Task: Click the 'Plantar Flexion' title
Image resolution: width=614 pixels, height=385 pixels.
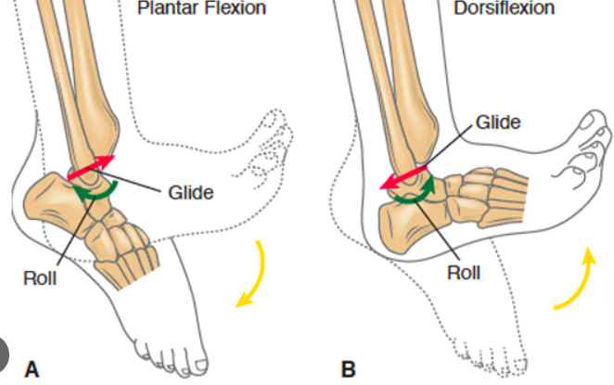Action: (x=200, y=9)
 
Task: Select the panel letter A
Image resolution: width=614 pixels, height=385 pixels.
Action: (x=32, y=368)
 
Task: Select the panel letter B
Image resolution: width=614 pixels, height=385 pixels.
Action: (x=348, y=368)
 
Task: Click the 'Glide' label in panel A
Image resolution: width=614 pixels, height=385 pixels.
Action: (x=191, y=192)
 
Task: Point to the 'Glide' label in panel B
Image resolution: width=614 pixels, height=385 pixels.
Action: (x=498, y=122)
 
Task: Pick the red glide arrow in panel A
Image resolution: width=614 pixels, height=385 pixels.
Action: (x=90, y=167)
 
